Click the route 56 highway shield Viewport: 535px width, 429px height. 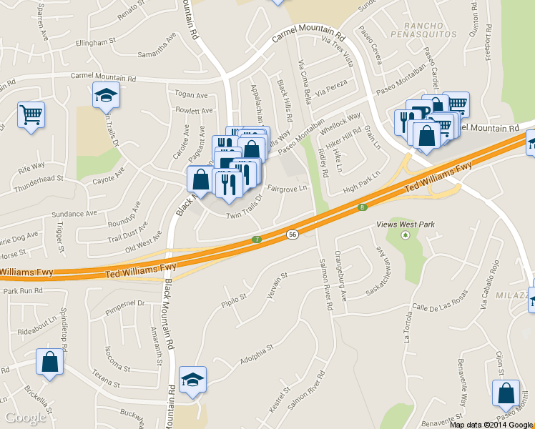293,234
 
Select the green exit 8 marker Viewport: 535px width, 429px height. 363,207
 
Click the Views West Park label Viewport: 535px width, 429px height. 406,225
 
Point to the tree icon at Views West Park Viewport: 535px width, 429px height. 406,235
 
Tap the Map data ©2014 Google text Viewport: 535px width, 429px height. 491,424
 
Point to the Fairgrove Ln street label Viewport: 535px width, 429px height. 287,188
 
